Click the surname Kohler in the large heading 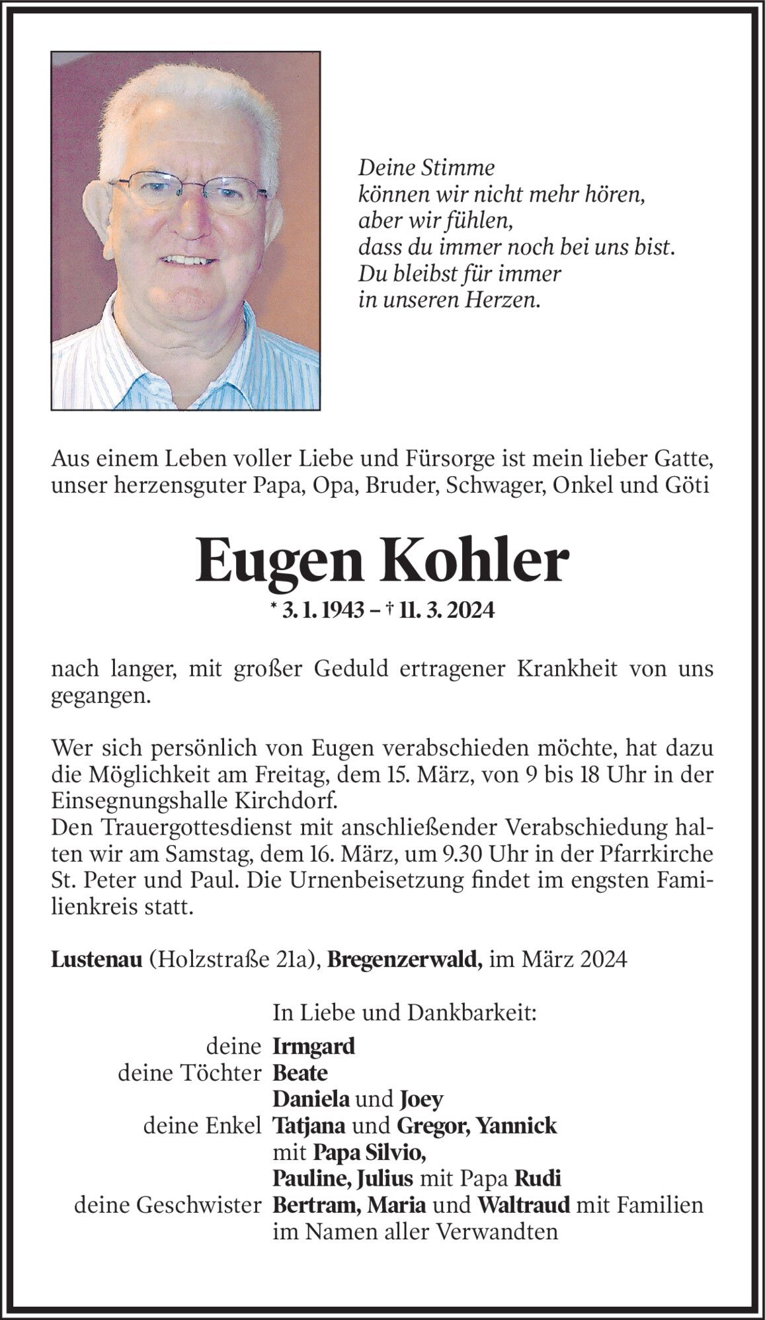click(x=475, y=561)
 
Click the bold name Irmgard click(x=313, y=1046)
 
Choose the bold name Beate click(x=300, y=1073)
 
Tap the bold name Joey click(x=421, y=1099)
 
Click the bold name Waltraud click(x=524, y=1205)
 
